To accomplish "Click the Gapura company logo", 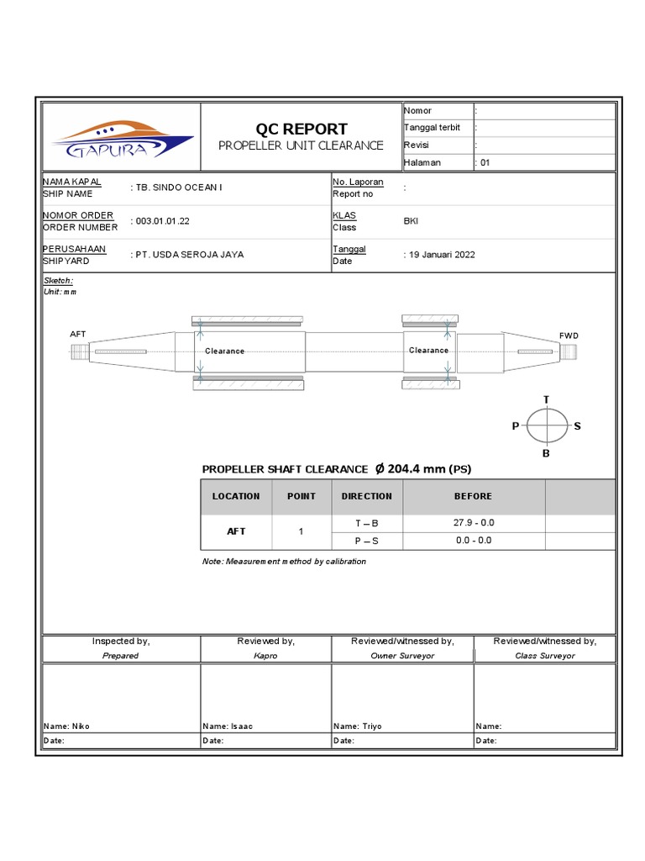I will point(121,140).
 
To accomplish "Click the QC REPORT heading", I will point(301,129).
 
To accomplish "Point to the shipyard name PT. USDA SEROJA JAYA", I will point(190,254).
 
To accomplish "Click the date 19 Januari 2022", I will point(442,255).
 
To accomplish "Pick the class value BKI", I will point(412,221).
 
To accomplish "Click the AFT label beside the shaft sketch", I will point(78,334).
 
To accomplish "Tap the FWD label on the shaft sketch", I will point(569,335).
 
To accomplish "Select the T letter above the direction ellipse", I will point(547,399).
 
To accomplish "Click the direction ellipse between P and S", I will point(547,426).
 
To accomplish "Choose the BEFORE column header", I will point(474,496).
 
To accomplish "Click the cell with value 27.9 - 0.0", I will point(474,522).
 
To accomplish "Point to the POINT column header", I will point(302,496).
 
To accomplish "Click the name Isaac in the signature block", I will point(241,726).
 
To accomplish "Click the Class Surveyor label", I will point(545,656).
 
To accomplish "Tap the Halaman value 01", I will point(485,163).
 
